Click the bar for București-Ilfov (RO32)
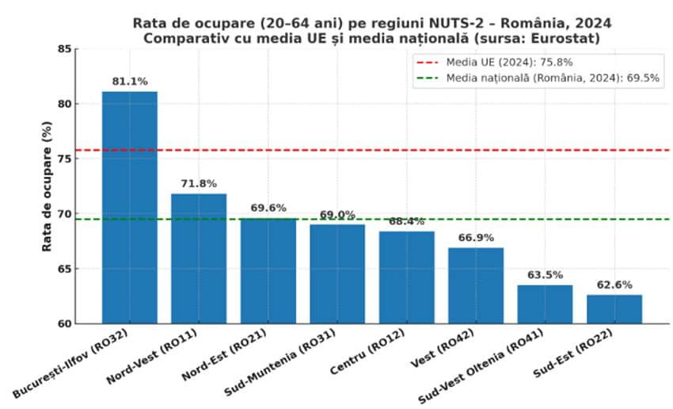[x=129, y=207]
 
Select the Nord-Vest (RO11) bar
[x=199, y=258]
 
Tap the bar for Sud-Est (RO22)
[x=614, y=309]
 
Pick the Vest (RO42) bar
[x=476, y=285]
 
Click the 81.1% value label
[x=130, y=81]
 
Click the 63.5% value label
[x=545, y=275]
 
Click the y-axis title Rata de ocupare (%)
[x=48, y=186]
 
